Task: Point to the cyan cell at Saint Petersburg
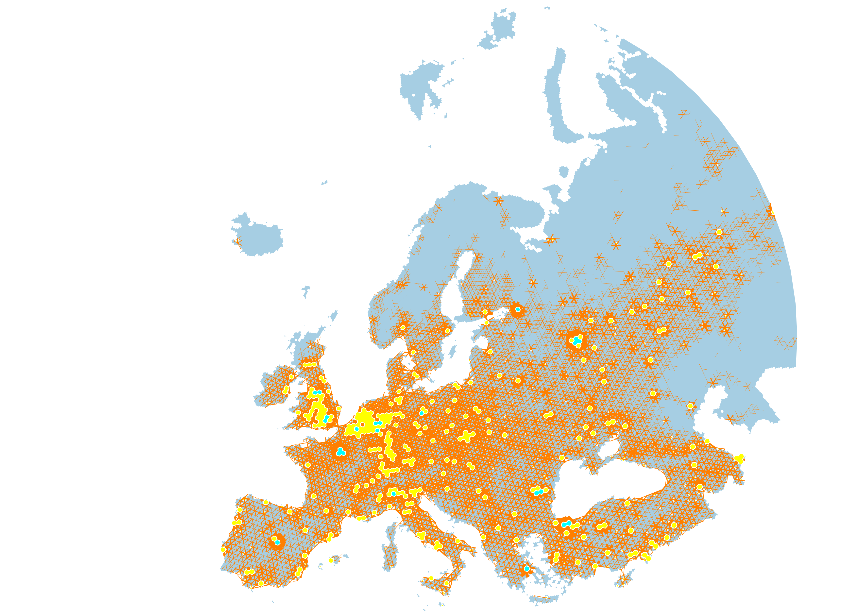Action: [x=518, y=309]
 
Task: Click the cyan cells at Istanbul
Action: [x=566, y=524]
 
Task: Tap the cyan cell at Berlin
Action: [x=422, y=413]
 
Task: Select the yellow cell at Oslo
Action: [x=403, y=328]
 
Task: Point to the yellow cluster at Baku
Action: [x=739, y=459]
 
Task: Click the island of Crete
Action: [x=544, y=598]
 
